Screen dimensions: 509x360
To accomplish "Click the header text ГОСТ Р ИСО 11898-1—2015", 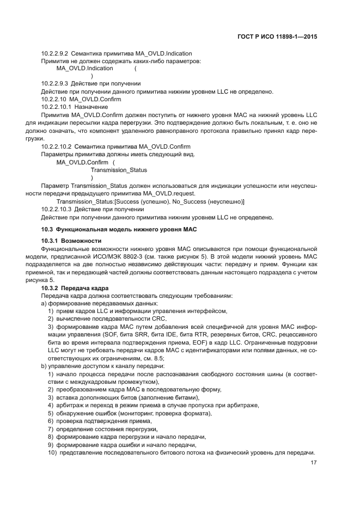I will click(x=284, y=37).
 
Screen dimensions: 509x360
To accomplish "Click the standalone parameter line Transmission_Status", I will click(x=119, y=170).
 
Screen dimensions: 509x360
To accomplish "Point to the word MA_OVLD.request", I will click(x=170, y=194).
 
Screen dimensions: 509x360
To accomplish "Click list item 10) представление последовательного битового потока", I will click(x=182, y=453).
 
